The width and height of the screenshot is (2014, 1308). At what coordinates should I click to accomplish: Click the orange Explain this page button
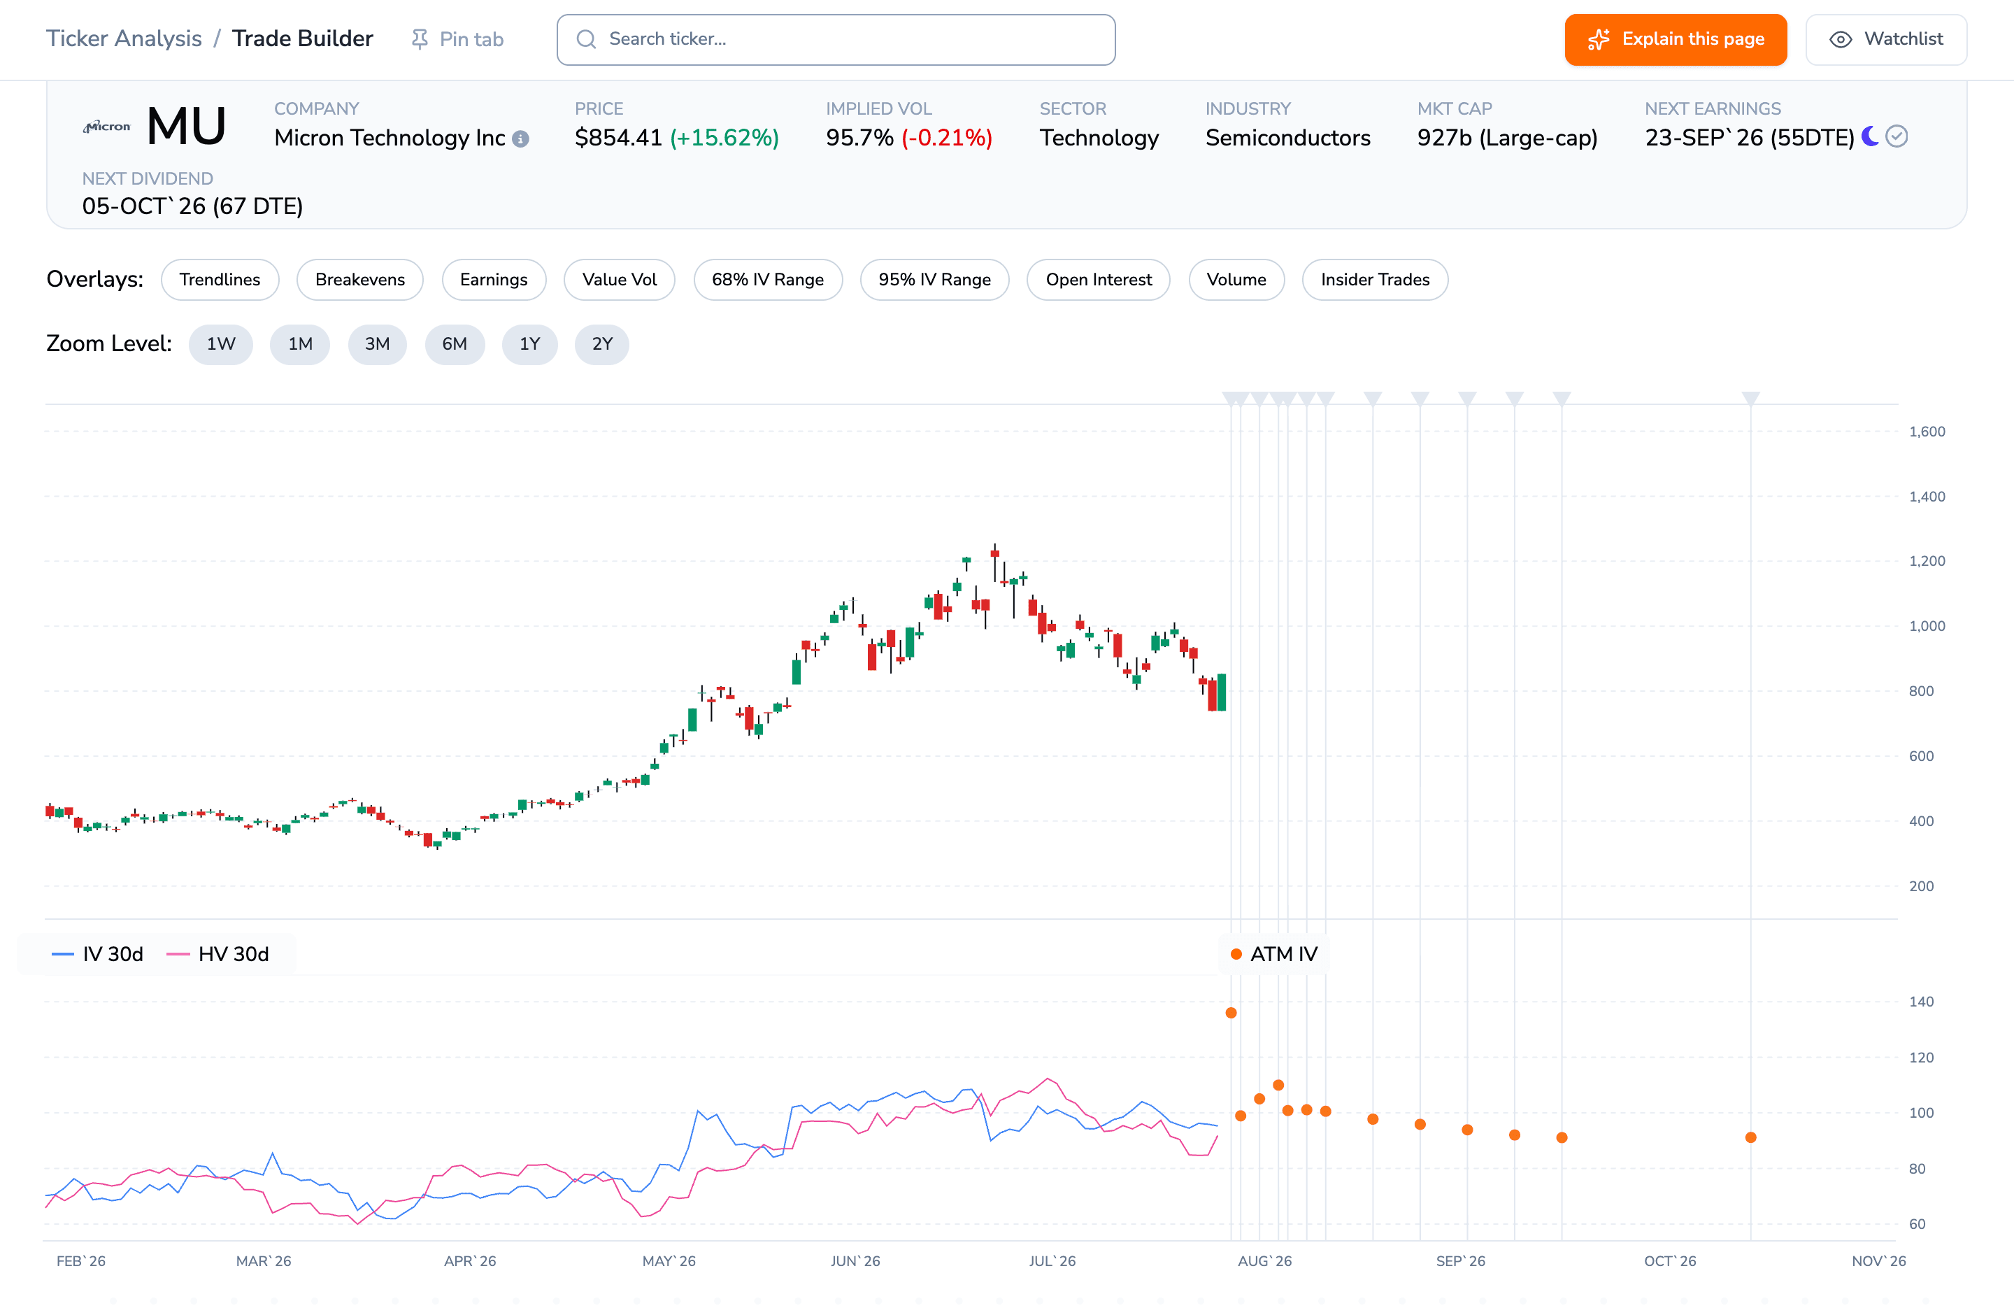[1675, 39]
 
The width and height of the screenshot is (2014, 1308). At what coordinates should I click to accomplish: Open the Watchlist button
[1885, 39]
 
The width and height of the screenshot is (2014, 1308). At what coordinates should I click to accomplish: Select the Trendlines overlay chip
[220, 279]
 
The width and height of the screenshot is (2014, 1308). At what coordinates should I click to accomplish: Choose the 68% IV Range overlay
[768, 279]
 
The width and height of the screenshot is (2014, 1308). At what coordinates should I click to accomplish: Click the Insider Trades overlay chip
[1375, 279]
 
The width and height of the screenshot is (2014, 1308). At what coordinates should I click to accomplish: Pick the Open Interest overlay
[1099, 279]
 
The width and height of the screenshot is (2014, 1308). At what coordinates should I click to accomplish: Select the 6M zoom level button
[455, 343]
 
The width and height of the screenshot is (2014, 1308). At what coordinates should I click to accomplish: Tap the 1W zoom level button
[221, 343]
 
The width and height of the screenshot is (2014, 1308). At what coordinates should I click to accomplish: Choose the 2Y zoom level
[601, 343]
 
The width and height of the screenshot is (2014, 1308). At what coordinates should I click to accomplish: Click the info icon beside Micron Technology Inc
[520, 138]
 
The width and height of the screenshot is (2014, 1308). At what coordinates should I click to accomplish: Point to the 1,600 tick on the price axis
[1927, 432]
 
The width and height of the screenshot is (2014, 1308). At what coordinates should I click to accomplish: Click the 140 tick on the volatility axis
[1921, 1002]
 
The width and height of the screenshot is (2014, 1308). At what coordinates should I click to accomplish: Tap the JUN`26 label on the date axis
[855, 1260]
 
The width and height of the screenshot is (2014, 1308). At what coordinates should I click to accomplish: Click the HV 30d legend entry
[218, 954]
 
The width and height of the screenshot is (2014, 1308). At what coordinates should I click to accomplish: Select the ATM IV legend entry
[1273, 954]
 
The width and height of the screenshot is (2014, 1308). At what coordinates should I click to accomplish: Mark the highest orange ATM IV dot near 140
[1231, 1013]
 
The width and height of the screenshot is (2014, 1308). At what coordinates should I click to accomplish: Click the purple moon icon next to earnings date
[1870, 136]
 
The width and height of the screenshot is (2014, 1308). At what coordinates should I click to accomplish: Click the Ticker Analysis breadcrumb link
[124, 39]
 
